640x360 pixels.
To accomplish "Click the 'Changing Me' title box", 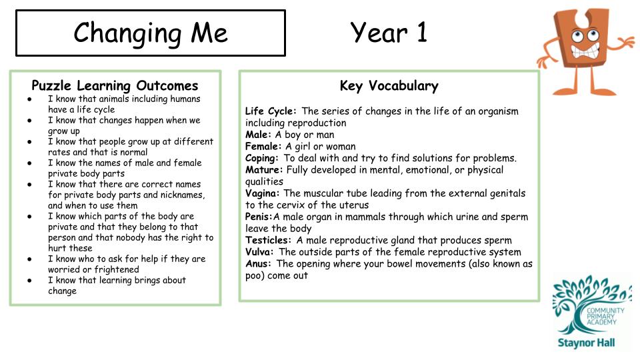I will [150, 33].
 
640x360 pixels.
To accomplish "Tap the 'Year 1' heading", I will [389, 32].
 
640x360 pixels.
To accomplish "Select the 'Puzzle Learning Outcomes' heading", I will [115, 85].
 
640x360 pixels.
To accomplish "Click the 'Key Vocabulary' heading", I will [389, 85].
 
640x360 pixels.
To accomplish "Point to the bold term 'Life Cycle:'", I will [271, 111].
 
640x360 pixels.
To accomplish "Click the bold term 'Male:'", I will [259, 135].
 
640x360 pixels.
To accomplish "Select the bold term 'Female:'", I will [264, 147].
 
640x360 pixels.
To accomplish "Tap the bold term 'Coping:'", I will [262, 158].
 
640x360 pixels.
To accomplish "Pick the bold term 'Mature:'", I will [263, 170].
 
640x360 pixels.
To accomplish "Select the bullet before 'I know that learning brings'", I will [30, 281].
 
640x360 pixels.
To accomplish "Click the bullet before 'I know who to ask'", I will [30, 259].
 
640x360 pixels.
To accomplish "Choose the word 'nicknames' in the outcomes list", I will [179, 195].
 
